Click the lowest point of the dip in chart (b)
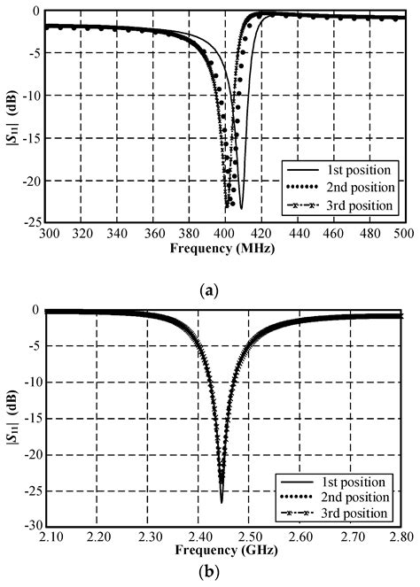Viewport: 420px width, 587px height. coord(222,502)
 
